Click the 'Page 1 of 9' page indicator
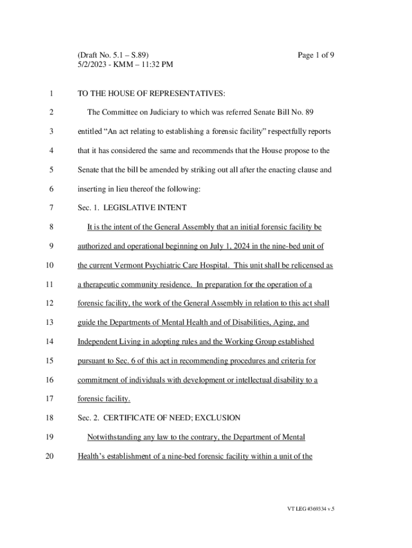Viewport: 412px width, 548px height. (316, 55)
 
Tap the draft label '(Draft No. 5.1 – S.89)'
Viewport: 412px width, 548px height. (113, 55)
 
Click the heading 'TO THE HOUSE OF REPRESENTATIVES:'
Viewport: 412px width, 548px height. (151, 94)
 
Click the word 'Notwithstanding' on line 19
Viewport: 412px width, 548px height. (115, 437)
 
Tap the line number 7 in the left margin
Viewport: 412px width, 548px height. (51, 208)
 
